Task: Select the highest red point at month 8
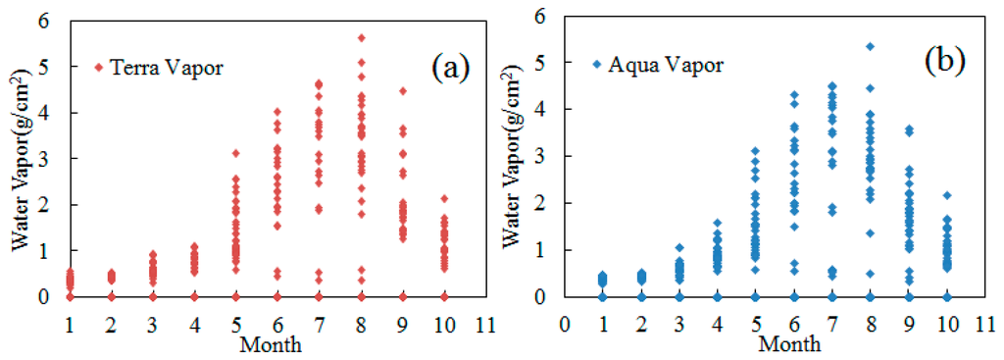[362, 37]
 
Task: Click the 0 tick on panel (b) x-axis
[562, 321]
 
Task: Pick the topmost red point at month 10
[443, 198]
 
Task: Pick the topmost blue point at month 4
[717, 223]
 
